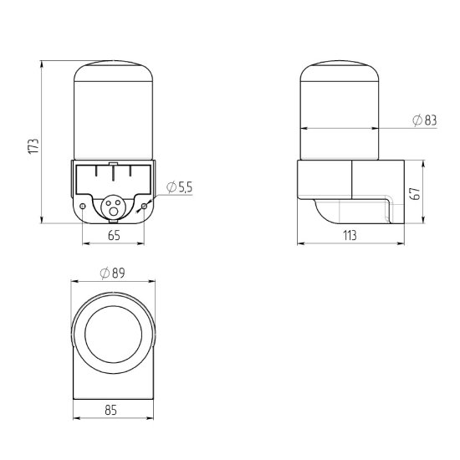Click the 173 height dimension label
pyautogui.click(x=33, y=146)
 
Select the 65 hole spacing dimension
pyautogui.click(x=114, y=235)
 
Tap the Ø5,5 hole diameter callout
pyautogui.click(x=179, y=187)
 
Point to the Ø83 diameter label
pyautogui.click(x=425, y=120)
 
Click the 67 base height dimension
pyautogui.click(x=416, y=193)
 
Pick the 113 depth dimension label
pyautogui.click(x=350, y=235)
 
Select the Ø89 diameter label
pyautogui.click(x=112, y=273)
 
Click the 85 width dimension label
pyautogui.click(x=111, y=410)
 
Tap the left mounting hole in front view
pyautogui.click(x=83, y=207)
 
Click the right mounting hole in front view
pyautogui.click(x=144, y=207)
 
